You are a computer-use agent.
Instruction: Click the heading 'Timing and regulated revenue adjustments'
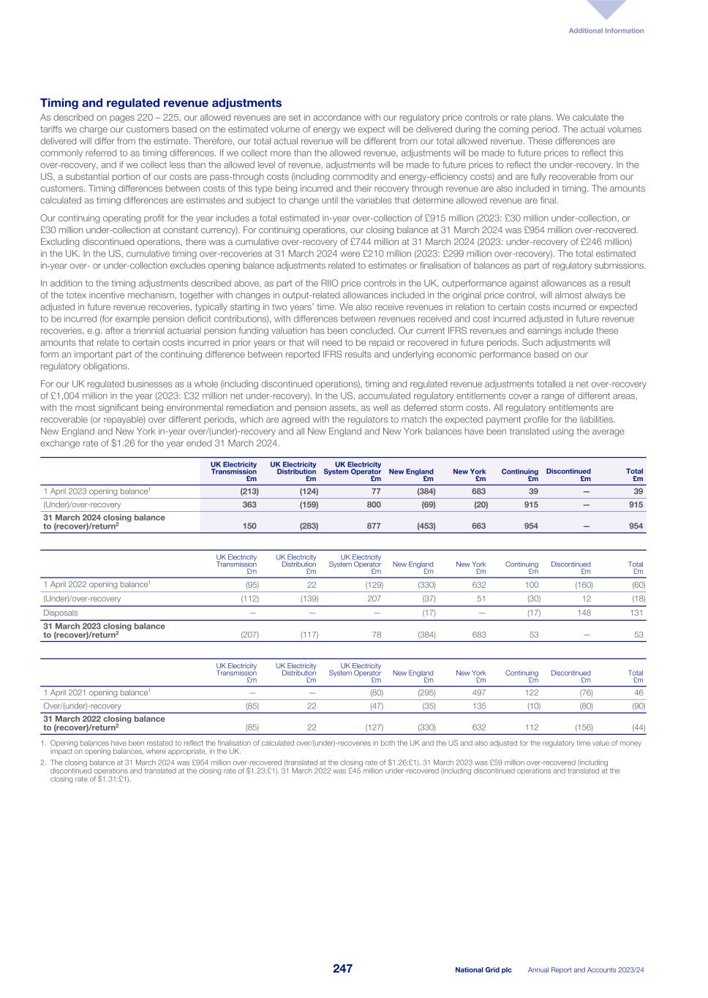coord(161,103)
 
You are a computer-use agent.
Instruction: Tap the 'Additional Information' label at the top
coord(606,31)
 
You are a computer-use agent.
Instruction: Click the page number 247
coord(343,969)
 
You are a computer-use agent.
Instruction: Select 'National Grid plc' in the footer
coord(483,969)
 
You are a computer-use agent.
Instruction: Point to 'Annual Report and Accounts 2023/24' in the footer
coord(590,969)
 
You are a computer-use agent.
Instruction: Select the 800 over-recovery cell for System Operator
coord(373,504)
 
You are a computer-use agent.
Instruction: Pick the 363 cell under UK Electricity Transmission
coord(249,504)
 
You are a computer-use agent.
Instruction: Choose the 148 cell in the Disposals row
coord(584,613)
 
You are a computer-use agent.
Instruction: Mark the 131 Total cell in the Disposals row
coord(637,613)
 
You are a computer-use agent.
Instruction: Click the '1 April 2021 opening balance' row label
coord(97,692)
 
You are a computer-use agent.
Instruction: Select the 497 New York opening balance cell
coord(477,692)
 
